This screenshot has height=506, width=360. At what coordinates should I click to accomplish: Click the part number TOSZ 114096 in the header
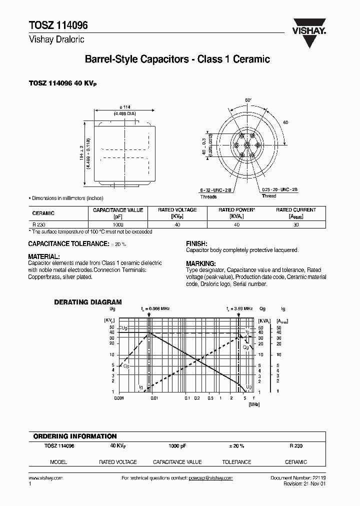point(53,26)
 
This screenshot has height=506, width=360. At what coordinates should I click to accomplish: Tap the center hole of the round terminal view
point(247,145)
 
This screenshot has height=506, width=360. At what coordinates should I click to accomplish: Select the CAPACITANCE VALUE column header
point(118,210)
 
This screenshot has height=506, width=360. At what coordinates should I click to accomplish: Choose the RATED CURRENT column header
point(296,210)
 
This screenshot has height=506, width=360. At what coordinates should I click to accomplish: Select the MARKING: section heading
point(200,263)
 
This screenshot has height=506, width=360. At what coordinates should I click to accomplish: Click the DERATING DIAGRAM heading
point(87,302)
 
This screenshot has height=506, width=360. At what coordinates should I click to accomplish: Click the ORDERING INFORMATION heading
point(74,436)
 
